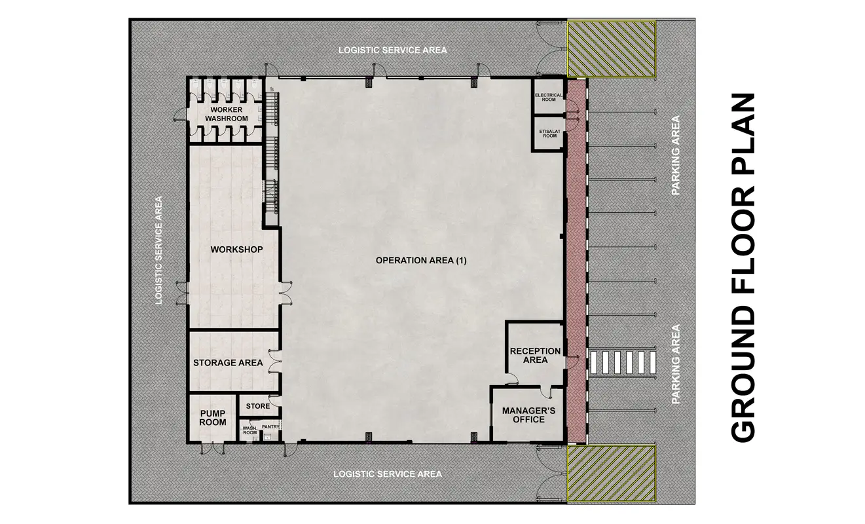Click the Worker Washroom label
[227, 115]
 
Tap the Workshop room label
[236, 250]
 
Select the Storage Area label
[228, 363]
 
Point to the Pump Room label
[212, 418]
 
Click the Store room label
[258, 406]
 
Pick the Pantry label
[270, 426]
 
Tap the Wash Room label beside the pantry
[249, 430]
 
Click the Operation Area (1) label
[421, 261]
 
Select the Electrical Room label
[548, 98]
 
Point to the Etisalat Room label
[549, 134]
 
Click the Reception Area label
[535, 356]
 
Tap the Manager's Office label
[528, 415]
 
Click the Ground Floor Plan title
[743, 267]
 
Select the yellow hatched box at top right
[612, 48]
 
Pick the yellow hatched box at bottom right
[612, 474]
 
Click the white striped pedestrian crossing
[623, 362]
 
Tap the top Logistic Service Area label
[393, 50]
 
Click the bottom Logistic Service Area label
[388, 474]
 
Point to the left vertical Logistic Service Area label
[158, 250]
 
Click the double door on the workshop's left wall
[182, 293]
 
